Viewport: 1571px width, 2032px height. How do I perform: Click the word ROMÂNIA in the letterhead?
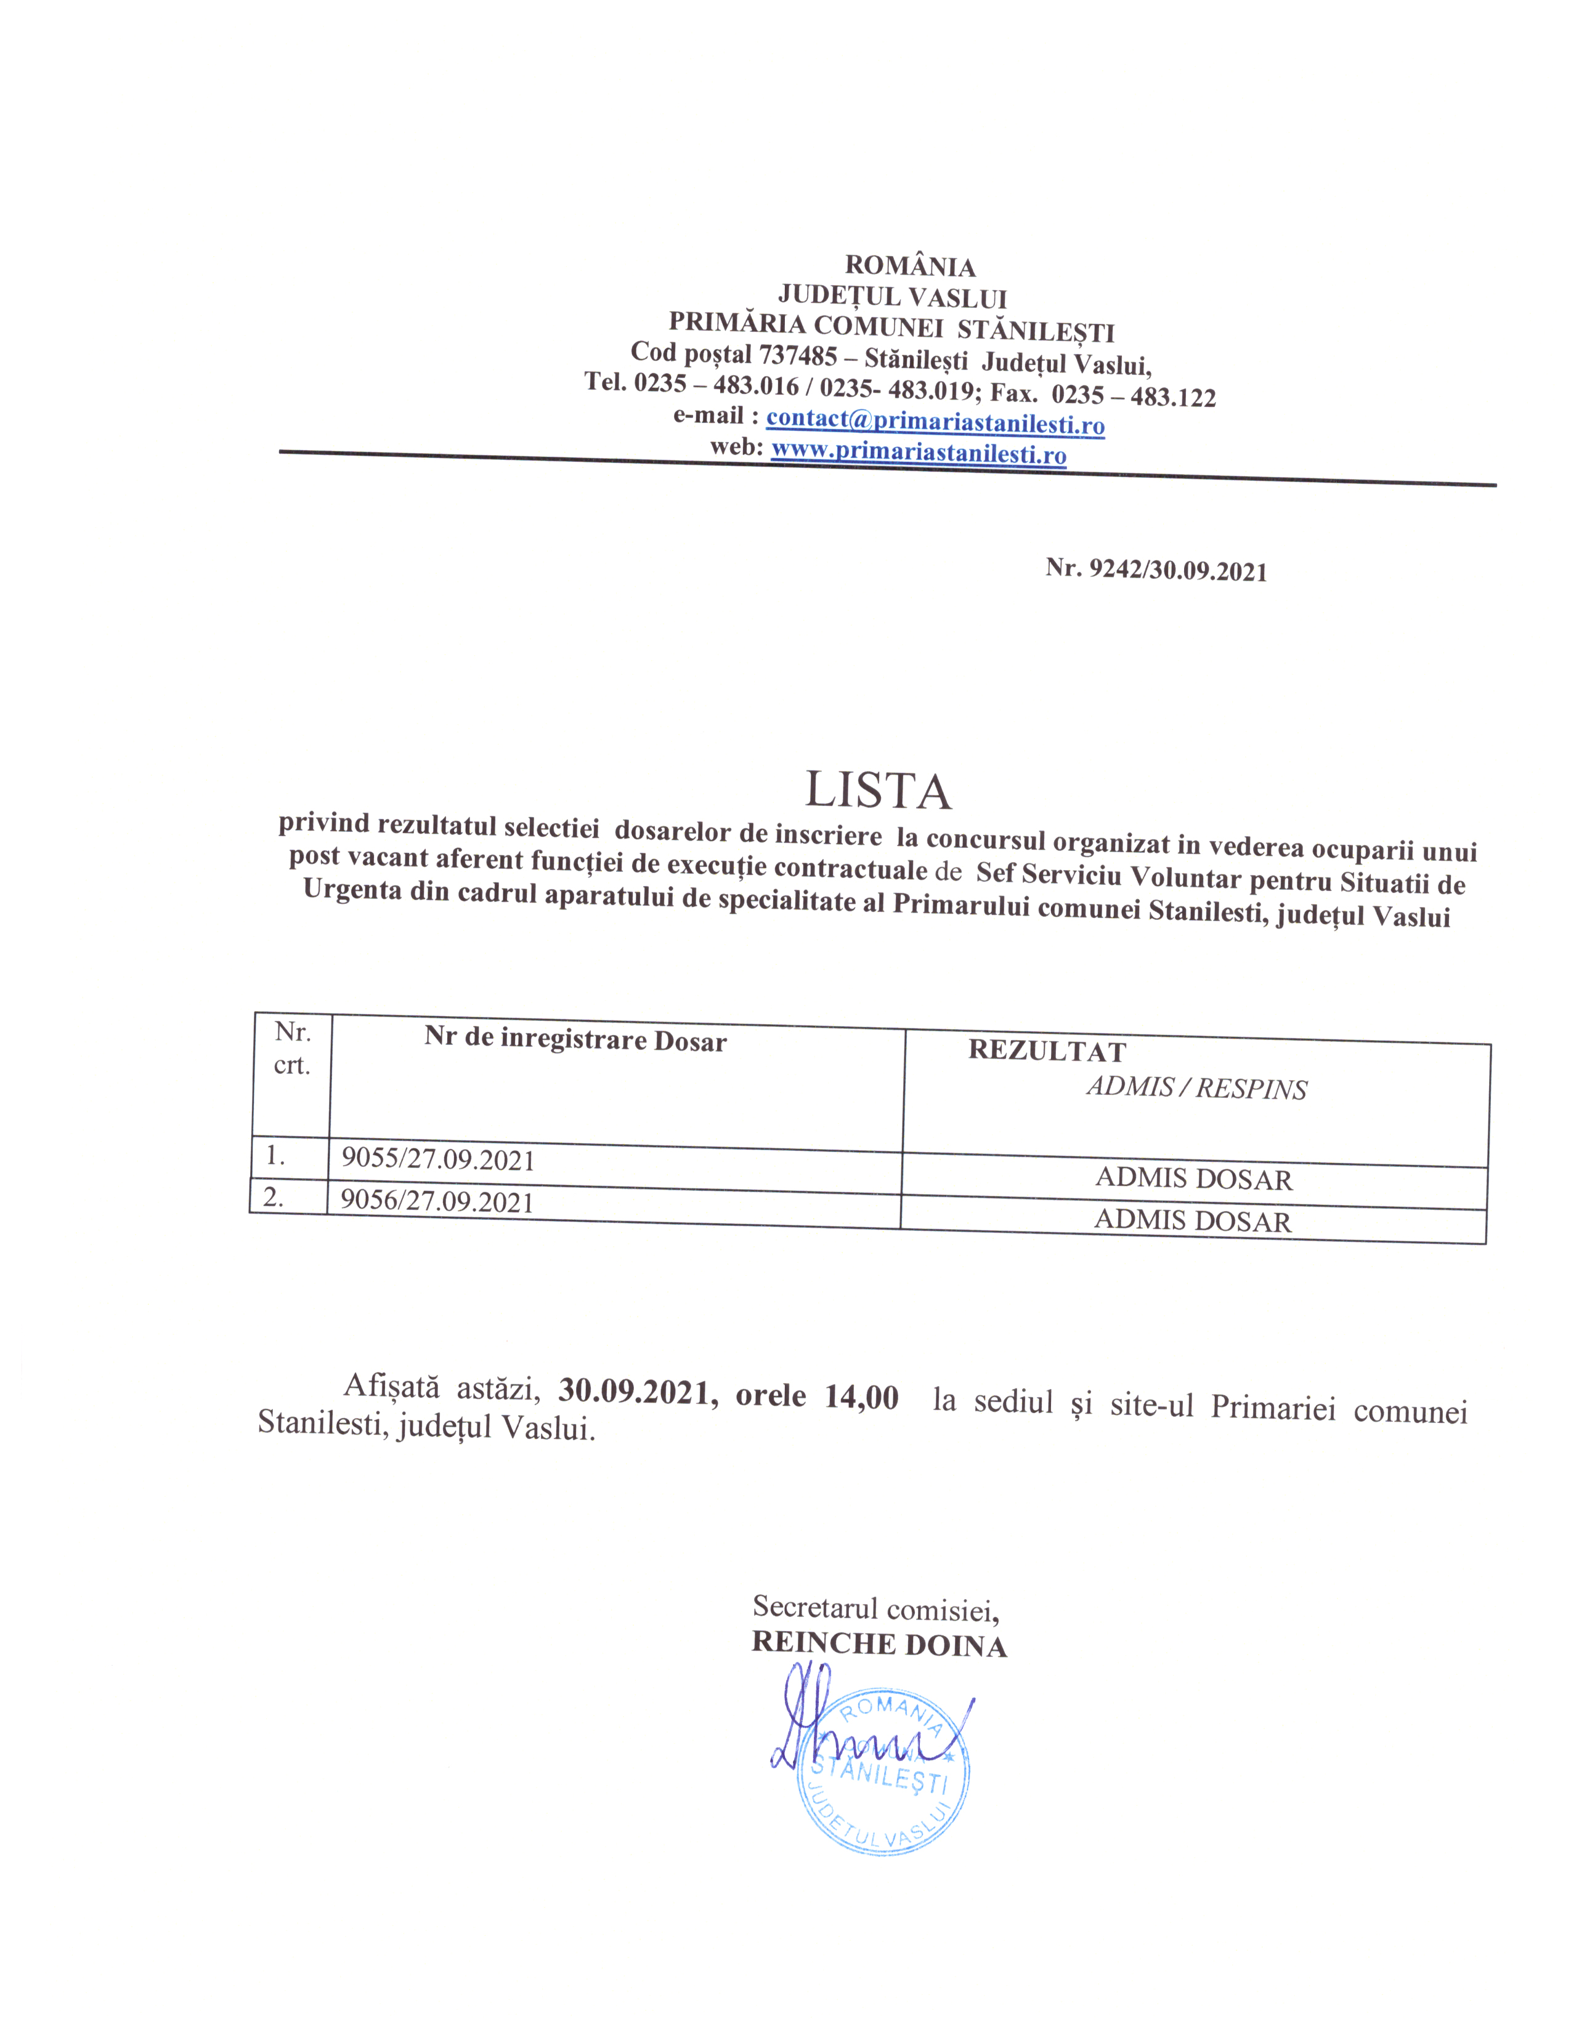(x=909, y=266)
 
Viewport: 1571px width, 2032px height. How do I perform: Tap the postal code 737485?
(x=798, y=355)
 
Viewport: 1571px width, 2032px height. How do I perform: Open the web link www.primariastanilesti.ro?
(x=919, y=453)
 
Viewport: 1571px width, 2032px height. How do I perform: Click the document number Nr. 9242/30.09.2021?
(x=1155, y=570)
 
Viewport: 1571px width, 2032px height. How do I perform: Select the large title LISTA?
(x=878, y=791)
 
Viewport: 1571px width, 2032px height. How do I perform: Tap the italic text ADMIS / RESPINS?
(x=1196, y=1087)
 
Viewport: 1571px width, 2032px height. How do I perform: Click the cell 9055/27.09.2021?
(x=437, y=1159)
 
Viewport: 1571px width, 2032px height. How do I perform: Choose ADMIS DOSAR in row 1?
(x=1193, y=1179)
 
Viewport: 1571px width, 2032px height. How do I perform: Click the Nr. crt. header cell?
(x=291, y=1049)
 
